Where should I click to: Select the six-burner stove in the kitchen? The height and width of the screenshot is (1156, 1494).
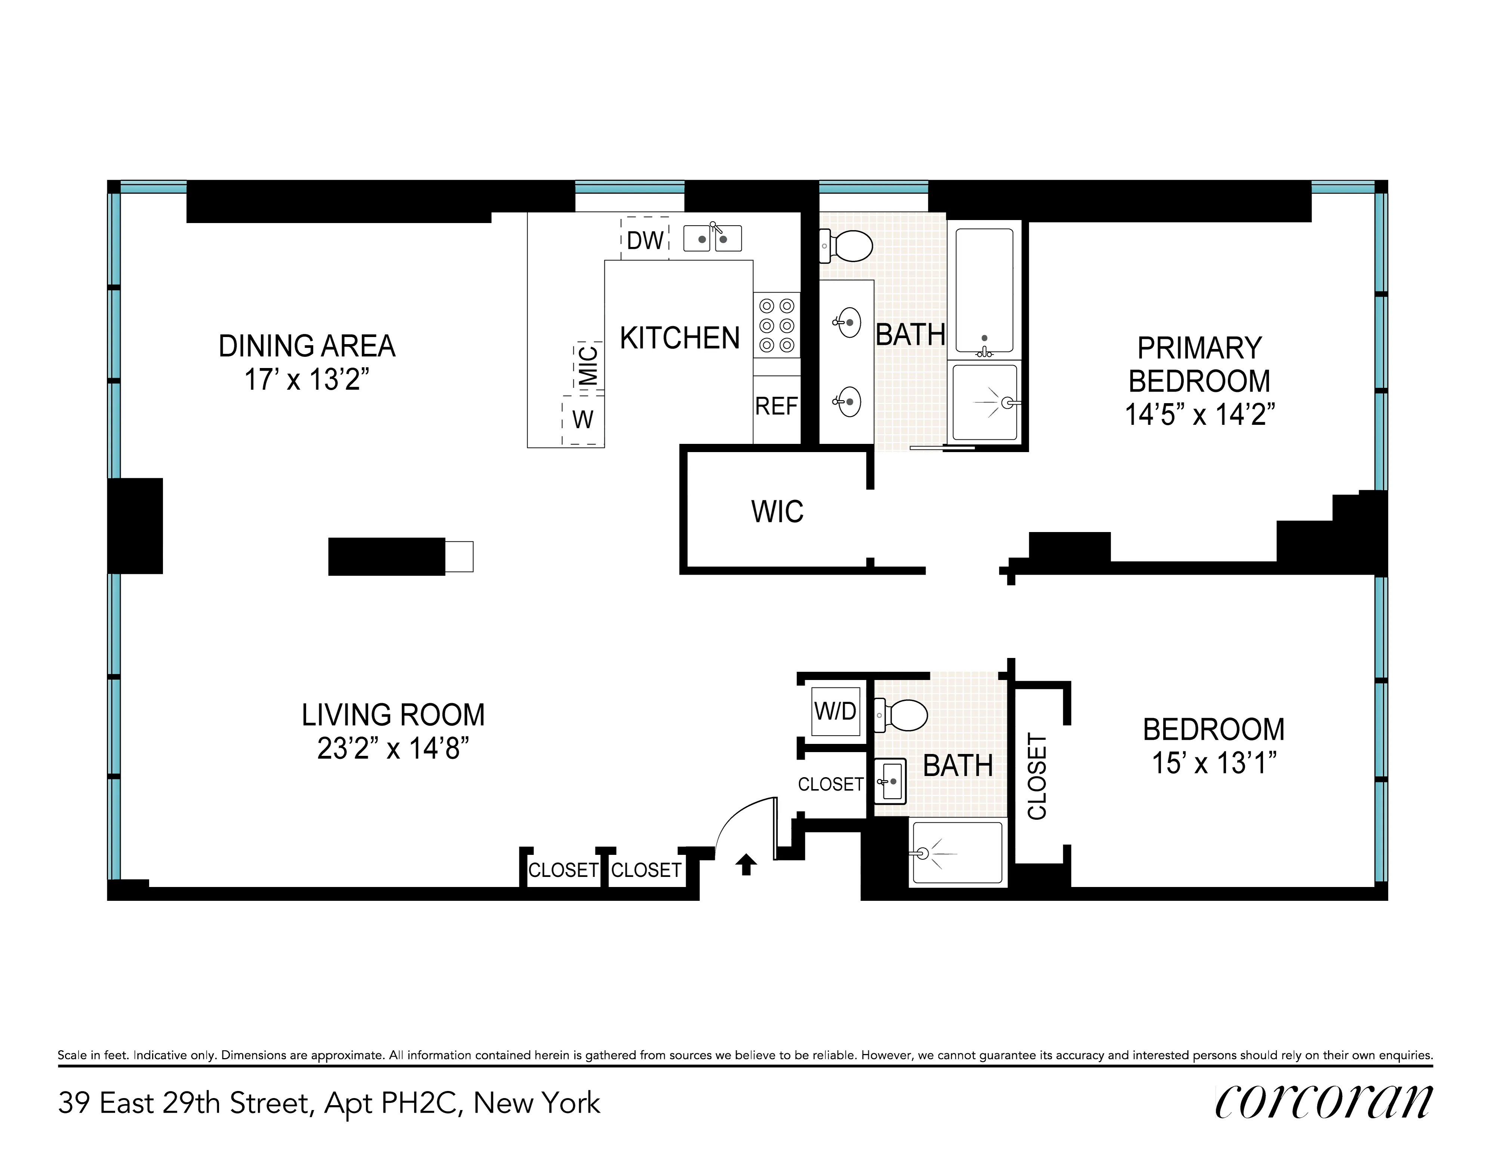point(777,325)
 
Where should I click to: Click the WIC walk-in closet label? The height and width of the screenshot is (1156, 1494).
point(777,511)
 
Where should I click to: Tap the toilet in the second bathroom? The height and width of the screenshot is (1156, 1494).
point(902,715)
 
